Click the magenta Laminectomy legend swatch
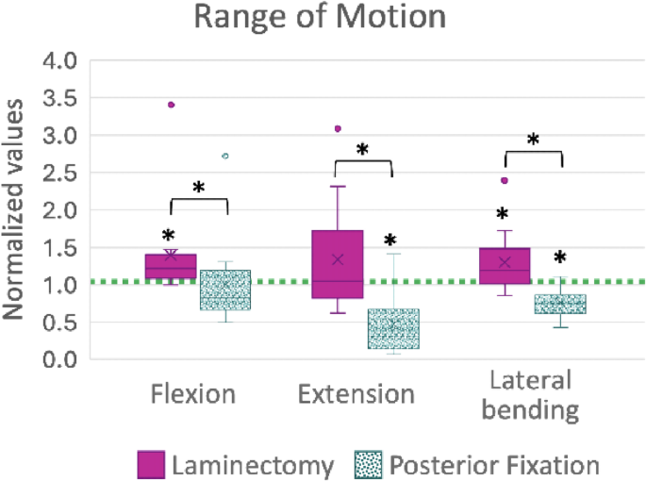(151, 464)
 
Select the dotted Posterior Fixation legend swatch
(369, 464)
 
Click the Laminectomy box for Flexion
(171, 266)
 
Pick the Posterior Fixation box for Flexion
(224, 290)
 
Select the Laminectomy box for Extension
(338, 264)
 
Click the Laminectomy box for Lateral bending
(505, 266)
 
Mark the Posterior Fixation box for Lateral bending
(560, 304)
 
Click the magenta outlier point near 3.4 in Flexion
(171, 105)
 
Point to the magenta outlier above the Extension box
(338, 128)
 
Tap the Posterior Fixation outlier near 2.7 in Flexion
(224, 156)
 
